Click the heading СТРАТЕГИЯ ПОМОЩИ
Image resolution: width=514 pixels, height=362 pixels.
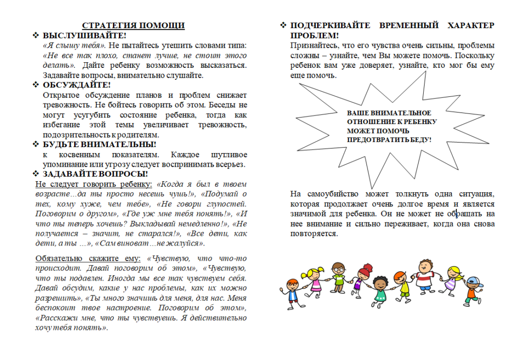click(x=133, y=26)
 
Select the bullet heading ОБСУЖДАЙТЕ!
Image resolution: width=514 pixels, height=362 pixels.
click(x=76, y=85)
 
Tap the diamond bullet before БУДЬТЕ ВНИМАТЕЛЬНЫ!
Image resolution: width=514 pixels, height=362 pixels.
click(x=36, y=145)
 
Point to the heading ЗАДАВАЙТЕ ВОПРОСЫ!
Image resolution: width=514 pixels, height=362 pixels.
click(x=95, y=174)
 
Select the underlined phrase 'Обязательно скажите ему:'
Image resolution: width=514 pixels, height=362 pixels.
click(x=88, y=259)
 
